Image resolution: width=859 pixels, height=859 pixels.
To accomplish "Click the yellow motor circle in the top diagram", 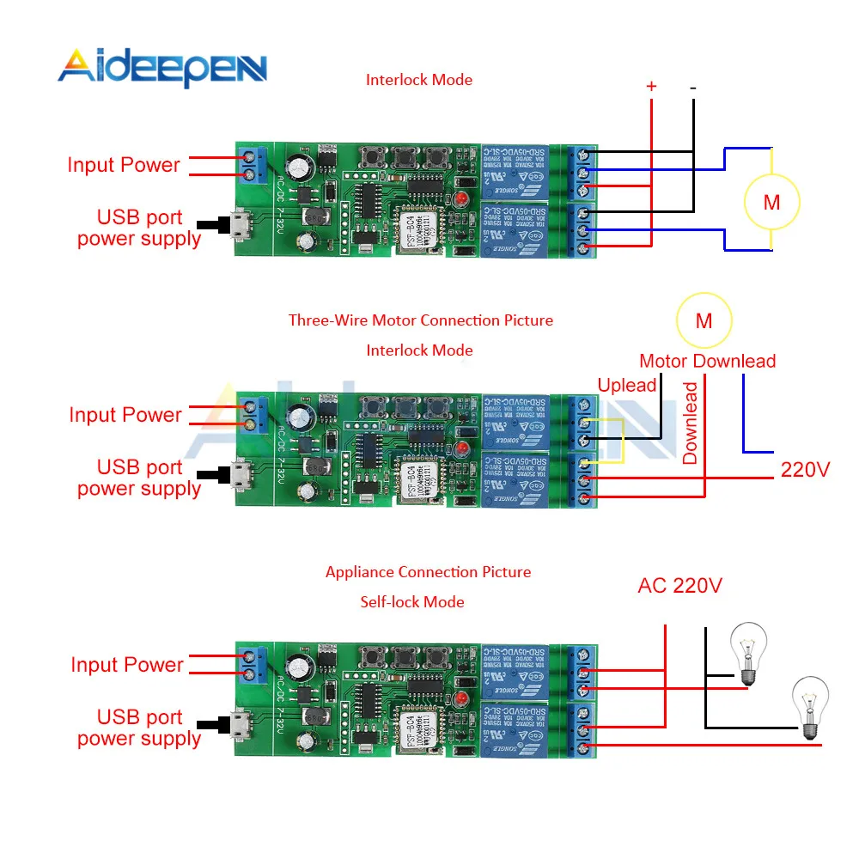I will (x=771, y=203).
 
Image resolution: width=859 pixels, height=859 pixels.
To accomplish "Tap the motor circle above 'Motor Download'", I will (x=704, y=320).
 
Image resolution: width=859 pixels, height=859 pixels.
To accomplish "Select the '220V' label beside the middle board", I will (x=805, y=470).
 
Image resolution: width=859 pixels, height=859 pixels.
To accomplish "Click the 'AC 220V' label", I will (x=679, y=586).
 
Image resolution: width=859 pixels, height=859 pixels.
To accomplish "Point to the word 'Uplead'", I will (x=627, y=385).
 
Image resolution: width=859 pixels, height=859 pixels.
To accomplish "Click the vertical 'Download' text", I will (x=691, y=423).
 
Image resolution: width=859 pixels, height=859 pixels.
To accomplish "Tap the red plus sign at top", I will (x=651, y=87).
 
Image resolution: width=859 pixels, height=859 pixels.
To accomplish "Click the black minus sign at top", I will (x=692, y=87).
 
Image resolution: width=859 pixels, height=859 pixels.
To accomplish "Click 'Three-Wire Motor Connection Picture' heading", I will (x=420, y=320).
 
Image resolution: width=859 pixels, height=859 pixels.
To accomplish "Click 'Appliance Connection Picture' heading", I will (x=428, y=572).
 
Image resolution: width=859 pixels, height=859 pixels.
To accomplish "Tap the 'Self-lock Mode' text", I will (x=412, y=602).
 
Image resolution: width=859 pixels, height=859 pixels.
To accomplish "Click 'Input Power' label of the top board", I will (x=124, y=165).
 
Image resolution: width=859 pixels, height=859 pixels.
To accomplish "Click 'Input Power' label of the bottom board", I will (x=127, y=665).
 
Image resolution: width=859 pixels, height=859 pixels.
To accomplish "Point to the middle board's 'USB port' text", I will (x=139, y=467).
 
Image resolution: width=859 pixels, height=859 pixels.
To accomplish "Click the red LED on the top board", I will (x=461, y=199).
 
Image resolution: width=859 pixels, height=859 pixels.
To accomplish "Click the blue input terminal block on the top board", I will (x=252, y=165).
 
